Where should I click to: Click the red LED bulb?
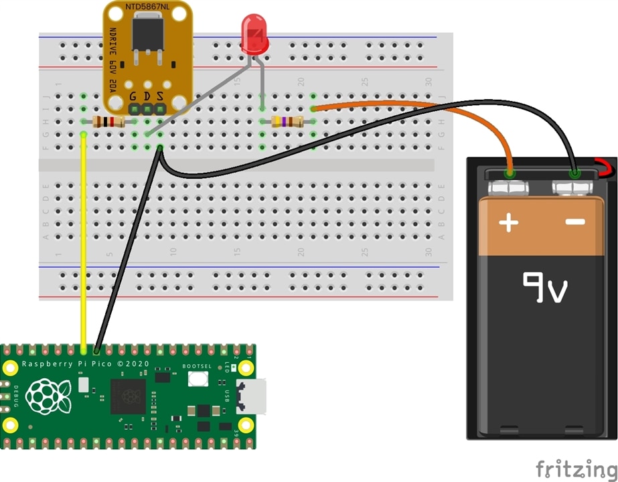254,37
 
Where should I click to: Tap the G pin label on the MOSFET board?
134,96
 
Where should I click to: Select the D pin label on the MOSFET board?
147,96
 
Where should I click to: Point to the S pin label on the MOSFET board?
159,96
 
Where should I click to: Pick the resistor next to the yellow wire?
108,122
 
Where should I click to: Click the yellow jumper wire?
83,241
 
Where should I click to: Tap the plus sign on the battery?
509,222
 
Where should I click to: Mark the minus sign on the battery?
575,222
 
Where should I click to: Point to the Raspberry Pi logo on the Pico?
48,396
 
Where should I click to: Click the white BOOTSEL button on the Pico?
198,379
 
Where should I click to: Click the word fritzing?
574,468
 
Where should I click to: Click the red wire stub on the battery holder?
605,168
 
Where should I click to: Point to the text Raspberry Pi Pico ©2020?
84,365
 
